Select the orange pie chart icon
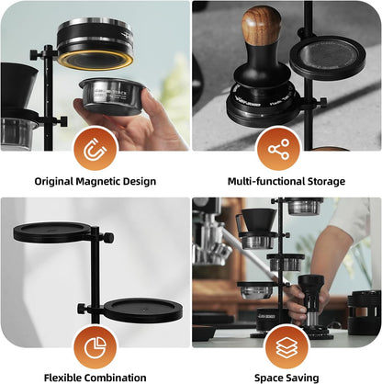pyautogui.click(x=95, y=347)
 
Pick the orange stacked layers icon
pyautogui.click(x=286, y=347)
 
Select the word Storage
pyautogui.click(x=324, y=181)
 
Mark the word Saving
pyautogui.click(x=304, y=378)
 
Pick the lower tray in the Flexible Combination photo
pyautogui.click(x=142, y=309)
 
